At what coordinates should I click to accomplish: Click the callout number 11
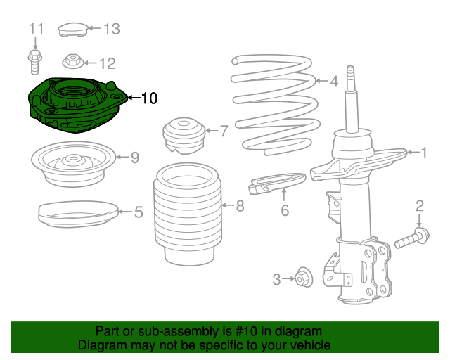[x=36, y=29]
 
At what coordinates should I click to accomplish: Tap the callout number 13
[x=112, y=29]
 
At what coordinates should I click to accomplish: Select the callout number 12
[x=106, y=64]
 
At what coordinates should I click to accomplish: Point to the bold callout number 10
[x=149, y=98]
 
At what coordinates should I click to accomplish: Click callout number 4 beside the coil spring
[x=335, y=81]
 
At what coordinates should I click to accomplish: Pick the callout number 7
[x=224, y=131]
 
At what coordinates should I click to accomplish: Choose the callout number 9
[x=135, y=157]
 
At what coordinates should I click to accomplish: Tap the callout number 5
[x=139, y=210]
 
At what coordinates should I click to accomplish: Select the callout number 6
[x=285, y=210]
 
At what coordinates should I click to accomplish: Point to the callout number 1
[x=424, y=152]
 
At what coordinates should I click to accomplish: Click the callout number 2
[x=420, y=205]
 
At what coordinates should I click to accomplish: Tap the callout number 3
[x=276, y=279]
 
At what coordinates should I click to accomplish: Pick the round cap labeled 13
[x=72, y=29]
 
